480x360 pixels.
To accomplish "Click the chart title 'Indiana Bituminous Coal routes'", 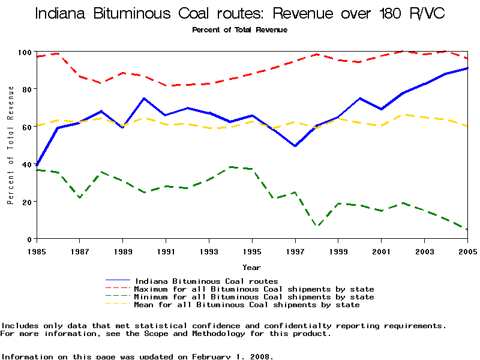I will click(x=240, y=13).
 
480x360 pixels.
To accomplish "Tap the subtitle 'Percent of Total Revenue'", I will click(x=239, y=30).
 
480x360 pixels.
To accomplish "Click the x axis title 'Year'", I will click(x=251, y=267).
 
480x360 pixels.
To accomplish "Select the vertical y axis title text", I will click(x=11, y=145).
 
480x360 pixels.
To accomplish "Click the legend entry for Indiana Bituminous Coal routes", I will click(x=206, y=281).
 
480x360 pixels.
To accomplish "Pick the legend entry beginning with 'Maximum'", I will click(x=254, y=289).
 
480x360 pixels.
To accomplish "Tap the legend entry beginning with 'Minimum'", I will click(x=254, y=297).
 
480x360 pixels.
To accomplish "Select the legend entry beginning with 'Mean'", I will click(x=247, y=305).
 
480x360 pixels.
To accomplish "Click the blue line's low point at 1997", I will click(x=295, y=146).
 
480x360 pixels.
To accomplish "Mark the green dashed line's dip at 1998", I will click(x=317, y=226).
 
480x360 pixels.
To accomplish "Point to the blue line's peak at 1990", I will click(x=144, y=98).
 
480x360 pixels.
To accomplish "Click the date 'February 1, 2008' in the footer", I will click(x=232, y=356).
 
